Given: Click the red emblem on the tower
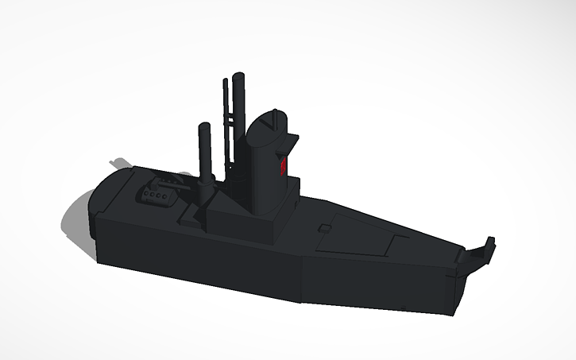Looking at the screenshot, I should point(282,166).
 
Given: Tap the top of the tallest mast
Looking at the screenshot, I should point(238,74).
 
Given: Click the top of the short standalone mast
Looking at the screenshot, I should point(203,127).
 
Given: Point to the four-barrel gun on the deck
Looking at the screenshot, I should point(156,194).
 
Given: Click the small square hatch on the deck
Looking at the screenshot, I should point(323,229).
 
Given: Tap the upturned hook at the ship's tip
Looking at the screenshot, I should point(481,249).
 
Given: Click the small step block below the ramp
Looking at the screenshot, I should point(191,219).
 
